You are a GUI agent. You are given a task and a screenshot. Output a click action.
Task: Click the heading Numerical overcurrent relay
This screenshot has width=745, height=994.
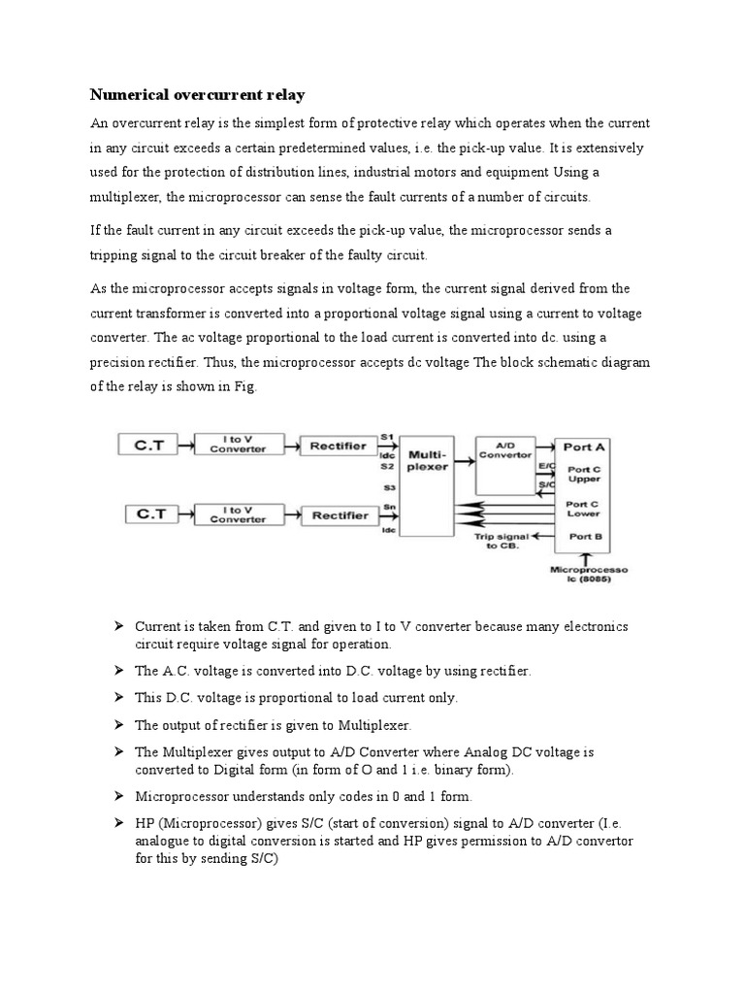click(x=198, y=95)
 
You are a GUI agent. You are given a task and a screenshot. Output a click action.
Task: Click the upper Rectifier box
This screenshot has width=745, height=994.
click(x=339, y=446)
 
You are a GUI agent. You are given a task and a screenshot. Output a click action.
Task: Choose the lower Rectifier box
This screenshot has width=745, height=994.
click(x=339, y=514)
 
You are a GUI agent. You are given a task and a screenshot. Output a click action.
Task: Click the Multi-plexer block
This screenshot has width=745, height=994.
click(x=427, y=459)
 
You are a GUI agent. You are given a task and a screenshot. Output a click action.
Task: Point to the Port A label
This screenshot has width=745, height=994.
click(x=585, y=447)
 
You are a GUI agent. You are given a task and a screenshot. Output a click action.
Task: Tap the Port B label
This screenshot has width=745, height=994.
click(x=585, y=536)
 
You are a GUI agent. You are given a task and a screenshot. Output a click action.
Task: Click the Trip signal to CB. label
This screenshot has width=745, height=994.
click(x=497, y=541)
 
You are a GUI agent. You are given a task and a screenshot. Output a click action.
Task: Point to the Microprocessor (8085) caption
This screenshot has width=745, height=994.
click(x=587, y=574)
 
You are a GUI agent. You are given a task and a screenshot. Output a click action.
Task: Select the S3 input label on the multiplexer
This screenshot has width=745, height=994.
click(x=388, y=487)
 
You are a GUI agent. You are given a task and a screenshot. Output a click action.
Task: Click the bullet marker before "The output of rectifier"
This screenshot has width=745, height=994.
click(x=119, y=724)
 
